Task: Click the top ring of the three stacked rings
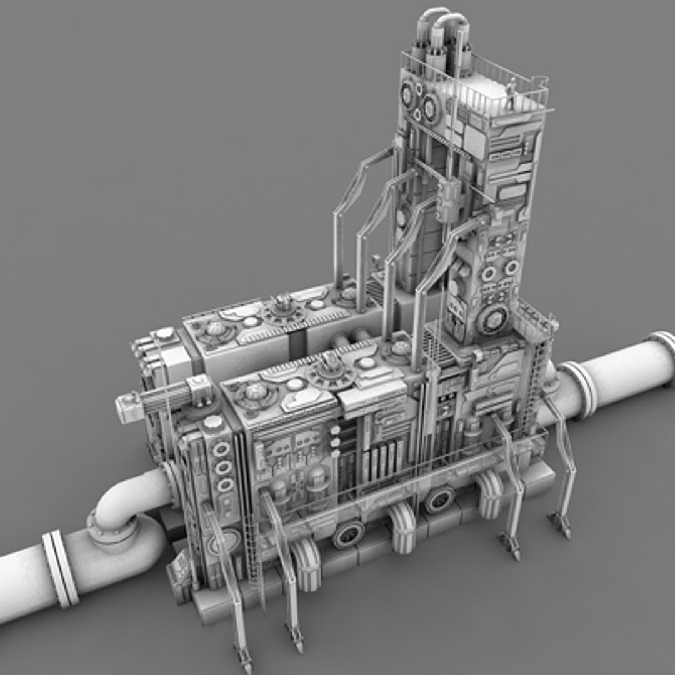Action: point(221,449)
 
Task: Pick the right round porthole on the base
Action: point(440,499)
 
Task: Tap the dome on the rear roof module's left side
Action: point(215,329)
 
